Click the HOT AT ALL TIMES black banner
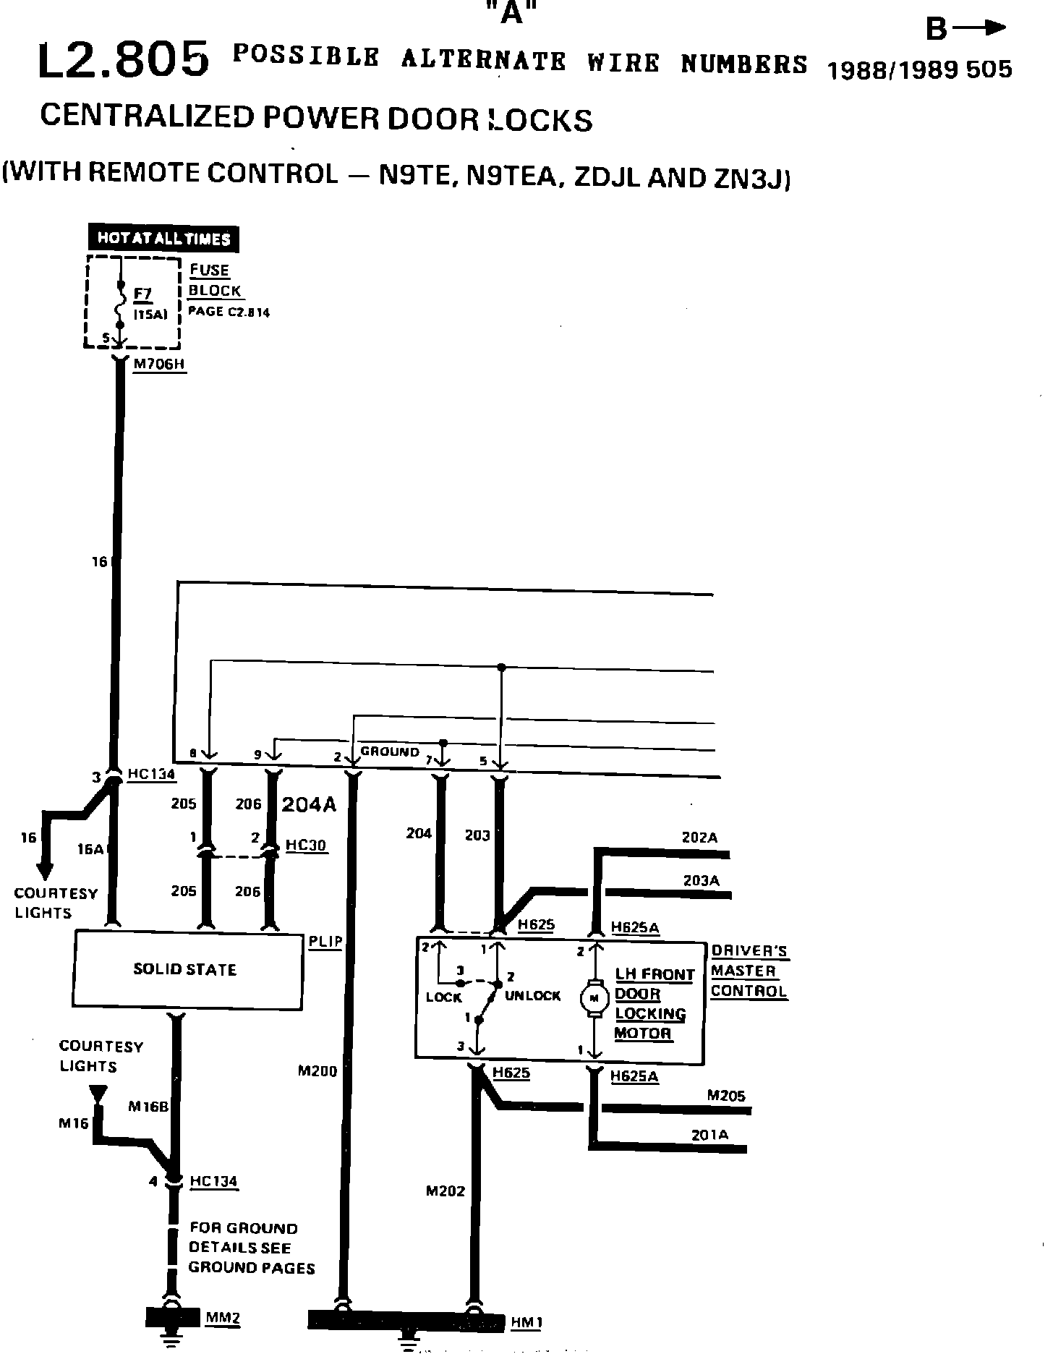coord(163,239)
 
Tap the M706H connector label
coord(159,365)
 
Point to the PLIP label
coord(325,942)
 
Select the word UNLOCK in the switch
coord(532,996)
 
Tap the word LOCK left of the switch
coord(443,997)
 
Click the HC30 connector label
coord(306,845)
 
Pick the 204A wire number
coord(309,805)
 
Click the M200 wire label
coord(317,1071)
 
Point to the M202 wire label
coord(445,1191)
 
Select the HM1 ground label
coord(526,1323)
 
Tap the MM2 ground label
coord(223,1317)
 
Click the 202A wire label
coord(699,838)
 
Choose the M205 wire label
coord(726,1096)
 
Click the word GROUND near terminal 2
coord(390,751)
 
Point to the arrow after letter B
coord(980,28)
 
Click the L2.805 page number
coord(123,60)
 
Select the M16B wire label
coord(148,1106)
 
